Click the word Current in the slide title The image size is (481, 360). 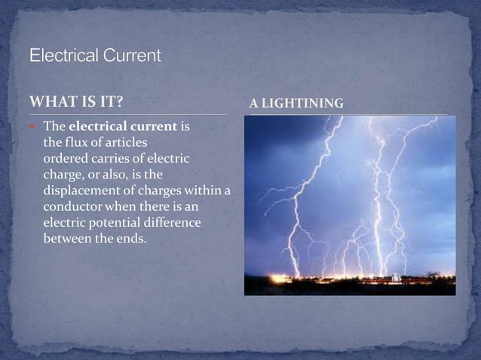pyautogui.click(x=132, y=56)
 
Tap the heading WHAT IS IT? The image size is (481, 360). pyautogui.click(x=76, y=102)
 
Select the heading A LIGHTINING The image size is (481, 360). pyautogui.click(x=296, y=103)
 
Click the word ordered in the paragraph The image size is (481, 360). pyautogui.click(x=64, y=158)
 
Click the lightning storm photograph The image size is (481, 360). pyautogui.click(x=349, y=205)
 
